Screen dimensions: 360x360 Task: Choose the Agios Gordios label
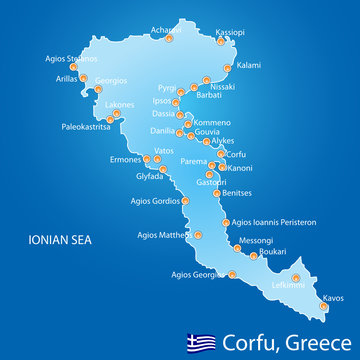tap(154, 200)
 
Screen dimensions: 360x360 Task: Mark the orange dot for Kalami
tap(229, 70)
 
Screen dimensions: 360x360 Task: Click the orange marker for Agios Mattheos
tap(197, 235)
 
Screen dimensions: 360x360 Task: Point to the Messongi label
tap(258, 240)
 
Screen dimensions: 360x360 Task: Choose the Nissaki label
tap(226, 86)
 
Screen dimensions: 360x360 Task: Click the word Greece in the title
tap(307, 340)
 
